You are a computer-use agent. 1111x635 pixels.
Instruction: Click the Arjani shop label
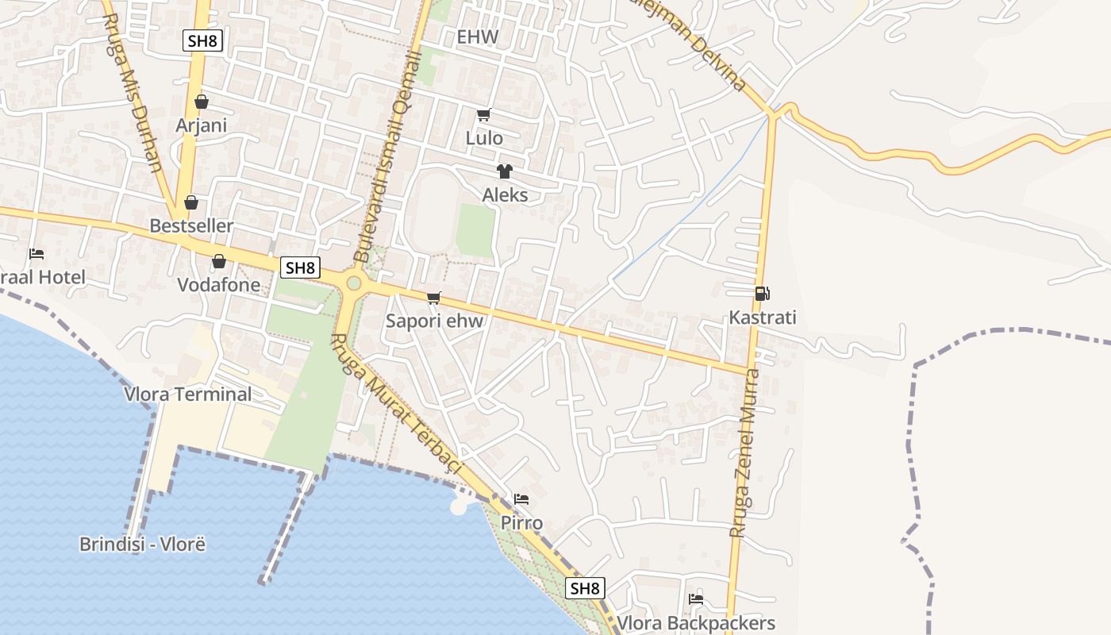coord(202,125)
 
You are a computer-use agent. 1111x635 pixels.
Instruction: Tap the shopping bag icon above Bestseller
coord(191,202)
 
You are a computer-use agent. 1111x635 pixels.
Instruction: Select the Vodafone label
coord(219,284)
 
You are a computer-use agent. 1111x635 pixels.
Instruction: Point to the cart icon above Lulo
coord(483,114)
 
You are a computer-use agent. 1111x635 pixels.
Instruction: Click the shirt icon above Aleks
coord(504,171)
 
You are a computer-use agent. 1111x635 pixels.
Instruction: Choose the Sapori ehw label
coord(434,321)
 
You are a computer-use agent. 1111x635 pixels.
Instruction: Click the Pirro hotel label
coord(521,523)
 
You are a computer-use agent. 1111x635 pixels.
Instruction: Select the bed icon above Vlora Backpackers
coord(696,599)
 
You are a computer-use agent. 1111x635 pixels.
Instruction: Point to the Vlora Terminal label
coord(187,394)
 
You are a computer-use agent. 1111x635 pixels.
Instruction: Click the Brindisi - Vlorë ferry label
coord(143,545)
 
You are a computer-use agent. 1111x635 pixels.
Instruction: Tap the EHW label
coord(478,37)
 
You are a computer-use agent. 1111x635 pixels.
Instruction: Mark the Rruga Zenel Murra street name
coord(745,452)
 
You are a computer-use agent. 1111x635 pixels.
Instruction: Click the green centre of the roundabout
coord(354,283)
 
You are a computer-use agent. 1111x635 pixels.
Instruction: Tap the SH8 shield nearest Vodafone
coord(300,267)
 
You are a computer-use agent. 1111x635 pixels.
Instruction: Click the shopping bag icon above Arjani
coord(202,102)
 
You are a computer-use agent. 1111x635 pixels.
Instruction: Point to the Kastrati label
coord(763,318)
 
